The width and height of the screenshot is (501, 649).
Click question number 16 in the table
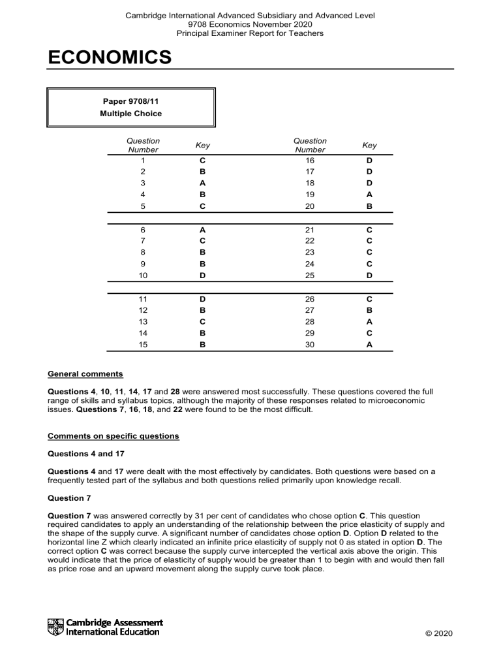point(310,159)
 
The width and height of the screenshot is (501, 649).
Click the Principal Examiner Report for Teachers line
point(250,33)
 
